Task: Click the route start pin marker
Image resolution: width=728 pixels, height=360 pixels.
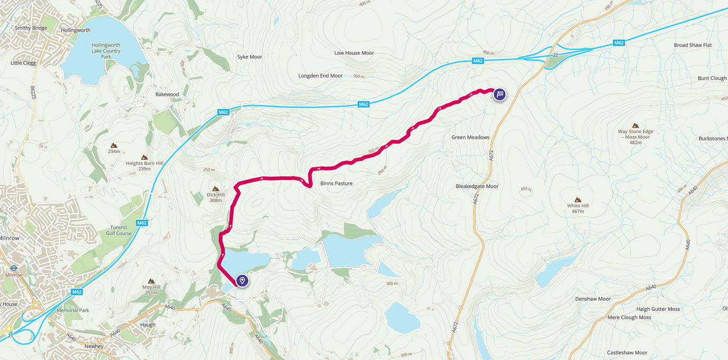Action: (242, 280)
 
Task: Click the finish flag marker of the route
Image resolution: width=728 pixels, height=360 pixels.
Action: (499, 94)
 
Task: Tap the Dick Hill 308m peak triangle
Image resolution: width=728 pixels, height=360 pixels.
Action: (215, 188)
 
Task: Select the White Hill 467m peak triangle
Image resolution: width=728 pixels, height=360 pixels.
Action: (578, 200)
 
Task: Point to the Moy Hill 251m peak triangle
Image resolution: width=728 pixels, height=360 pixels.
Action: (151, 281)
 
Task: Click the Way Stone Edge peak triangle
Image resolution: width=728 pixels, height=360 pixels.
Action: (635, 125)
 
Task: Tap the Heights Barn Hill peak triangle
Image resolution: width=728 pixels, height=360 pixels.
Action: (144, 157)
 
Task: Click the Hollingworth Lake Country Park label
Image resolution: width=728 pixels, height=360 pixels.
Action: (106, 51)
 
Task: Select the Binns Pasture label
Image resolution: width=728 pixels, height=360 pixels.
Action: (336, 183)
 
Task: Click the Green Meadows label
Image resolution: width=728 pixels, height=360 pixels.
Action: (470, 137)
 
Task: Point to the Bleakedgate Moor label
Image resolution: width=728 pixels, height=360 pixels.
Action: (477, 186)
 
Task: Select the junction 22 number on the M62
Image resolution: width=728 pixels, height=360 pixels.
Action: (555, 55)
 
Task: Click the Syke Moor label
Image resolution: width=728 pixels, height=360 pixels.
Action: (249, 57)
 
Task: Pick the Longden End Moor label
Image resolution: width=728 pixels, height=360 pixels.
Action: (321, 76)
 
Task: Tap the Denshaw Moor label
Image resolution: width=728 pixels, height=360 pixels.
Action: (593, 299)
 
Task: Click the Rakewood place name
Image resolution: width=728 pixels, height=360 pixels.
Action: (167, 94)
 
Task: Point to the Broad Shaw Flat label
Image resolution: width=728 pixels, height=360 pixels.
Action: (693, 45)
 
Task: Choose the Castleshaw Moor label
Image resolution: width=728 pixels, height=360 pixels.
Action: (627, 353)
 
